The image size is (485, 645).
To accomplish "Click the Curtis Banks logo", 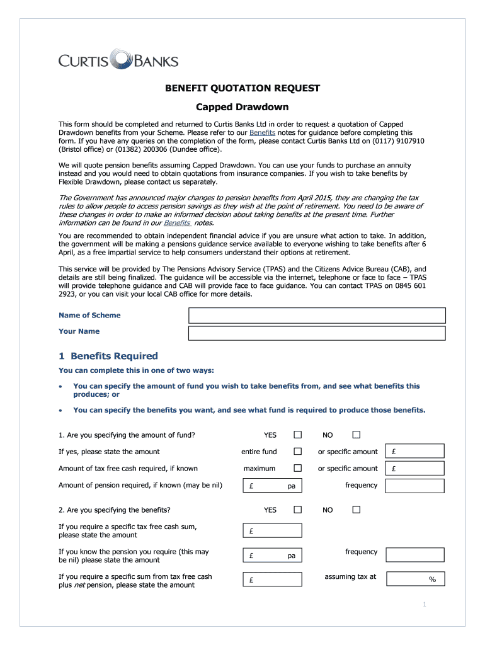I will click(x=118, y=60).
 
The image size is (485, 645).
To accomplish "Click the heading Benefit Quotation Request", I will click(x=243, y=88).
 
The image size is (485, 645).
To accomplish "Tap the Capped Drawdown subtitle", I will click(x=243, y=108).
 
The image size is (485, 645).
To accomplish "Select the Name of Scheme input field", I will click(x=317, y=316).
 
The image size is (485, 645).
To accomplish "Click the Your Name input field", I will click(x=317, y=333).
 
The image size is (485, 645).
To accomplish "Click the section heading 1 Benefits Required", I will click(x=108, y=356).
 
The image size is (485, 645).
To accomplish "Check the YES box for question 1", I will click(x=298, y=435).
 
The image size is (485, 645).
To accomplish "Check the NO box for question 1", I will click(x=357, y=435).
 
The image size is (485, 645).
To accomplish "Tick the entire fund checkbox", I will click(x=298, y=452).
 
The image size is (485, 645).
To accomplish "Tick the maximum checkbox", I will click(x=298, y=468).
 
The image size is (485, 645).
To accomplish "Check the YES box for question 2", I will click(x=298, y=510).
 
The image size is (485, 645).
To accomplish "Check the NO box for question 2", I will click(x=357, y=510).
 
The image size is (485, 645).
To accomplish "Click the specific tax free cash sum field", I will click(x=273, y=531).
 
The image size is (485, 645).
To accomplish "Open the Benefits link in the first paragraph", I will click(x=262, y=133).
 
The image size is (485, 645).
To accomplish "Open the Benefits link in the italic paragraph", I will click(x=177, y=223).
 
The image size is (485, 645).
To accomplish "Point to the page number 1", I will click(x=425, y=605).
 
